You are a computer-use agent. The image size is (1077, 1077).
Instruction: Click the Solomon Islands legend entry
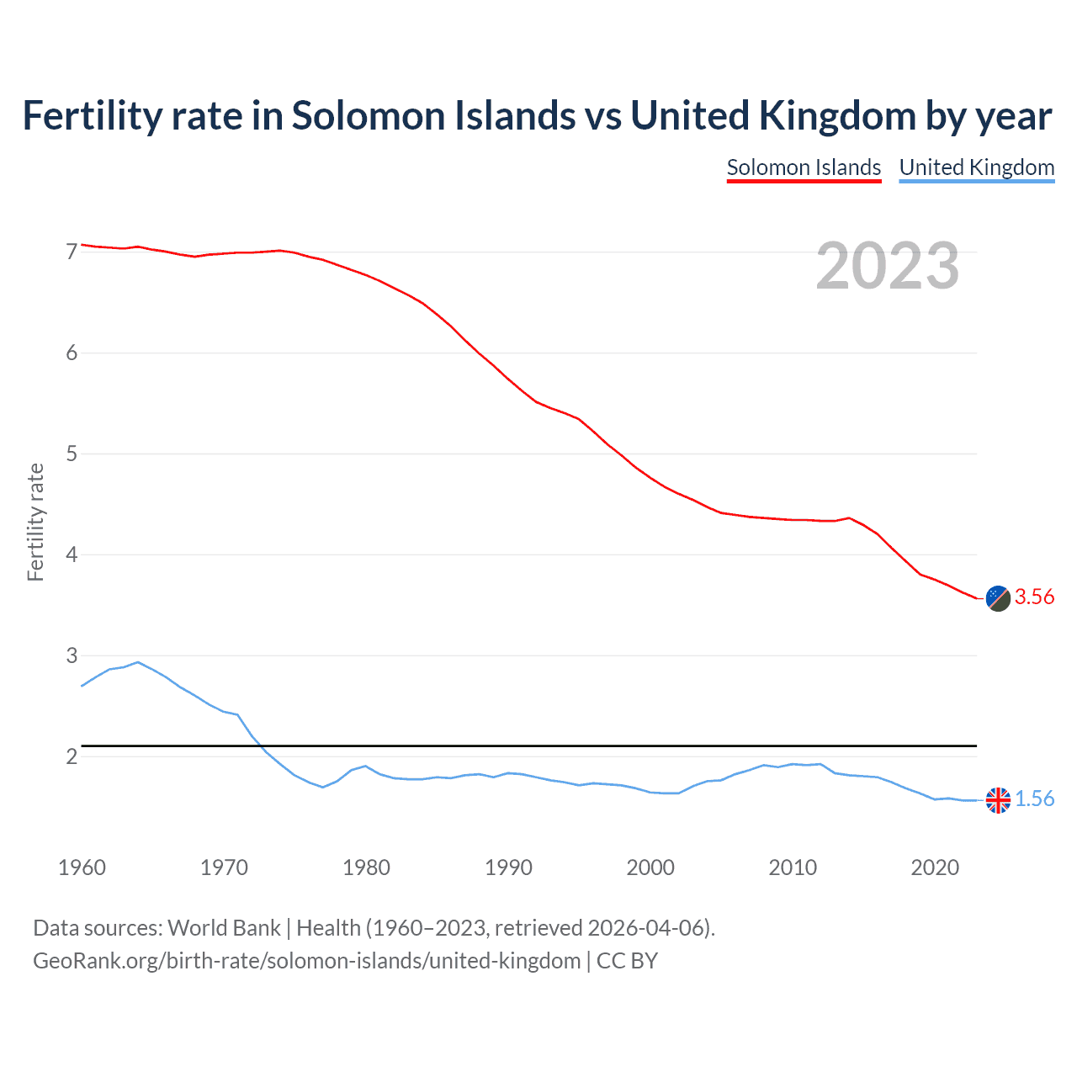pyautogui.click(x=804, y=167)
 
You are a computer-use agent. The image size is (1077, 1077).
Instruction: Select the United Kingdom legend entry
pyautogui.click(x=976, y=167)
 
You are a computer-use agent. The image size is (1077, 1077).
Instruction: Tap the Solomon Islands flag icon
pyautogui.click(x=998, y=598)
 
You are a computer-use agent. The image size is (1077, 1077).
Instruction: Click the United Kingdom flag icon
pyautogui.click(x=998, y=800)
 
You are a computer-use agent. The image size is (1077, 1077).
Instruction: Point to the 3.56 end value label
pyautogui.click(x=1034, y=597)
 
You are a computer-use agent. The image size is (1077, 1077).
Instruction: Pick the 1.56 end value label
pyautogui.click(x=1034, y=798)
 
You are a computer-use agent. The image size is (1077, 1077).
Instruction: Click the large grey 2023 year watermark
pyautogui.click(x=888, y=266)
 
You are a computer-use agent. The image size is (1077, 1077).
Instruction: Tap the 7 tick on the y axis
pyautogui.click(x=72, y=252)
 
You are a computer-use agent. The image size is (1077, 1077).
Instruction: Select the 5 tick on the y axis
pyautogui.click(x=72, y=454)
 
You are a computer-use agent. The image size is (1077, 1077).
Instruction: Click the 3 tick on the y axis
pyautogui.click(x=72, y=655)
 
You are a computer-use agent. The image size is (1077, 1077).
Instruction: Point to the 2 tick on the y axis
pyautogui.click(x=72, y=756)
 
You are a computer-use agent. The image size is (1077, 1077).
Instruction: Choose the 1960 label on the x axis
pyautogui.click(x=82, y=867)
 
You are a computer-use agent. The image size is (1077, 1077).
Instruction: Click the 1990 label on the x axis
pyautogui.click(x=508, y=867)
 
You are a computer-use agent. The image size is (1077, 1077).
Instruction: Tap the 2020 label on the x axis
pyautogui.click(x=935, y=867)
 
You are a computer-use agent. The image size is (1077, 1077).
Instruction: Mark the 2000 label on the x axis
pyautogui.click(x=650, y=867)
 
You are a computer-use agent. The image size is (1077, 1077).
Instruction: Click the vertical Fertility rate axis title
pyautogui.click(x=35, y=522)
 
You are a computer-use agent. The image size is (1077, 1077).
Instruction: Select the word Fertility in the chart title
pyautogui.click(x=92, y=115)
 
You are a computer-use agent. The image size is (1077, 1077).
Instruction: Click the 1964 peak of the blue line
pyautogui.click(x=138, y=662)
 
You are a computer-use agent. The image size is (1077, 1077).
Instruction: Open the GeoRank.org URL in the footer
pyautogui.click(x=306, y=961)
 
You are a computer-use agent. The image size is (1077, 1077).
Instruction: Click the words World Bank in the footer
pyautogui.click(x=224, y=927)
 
